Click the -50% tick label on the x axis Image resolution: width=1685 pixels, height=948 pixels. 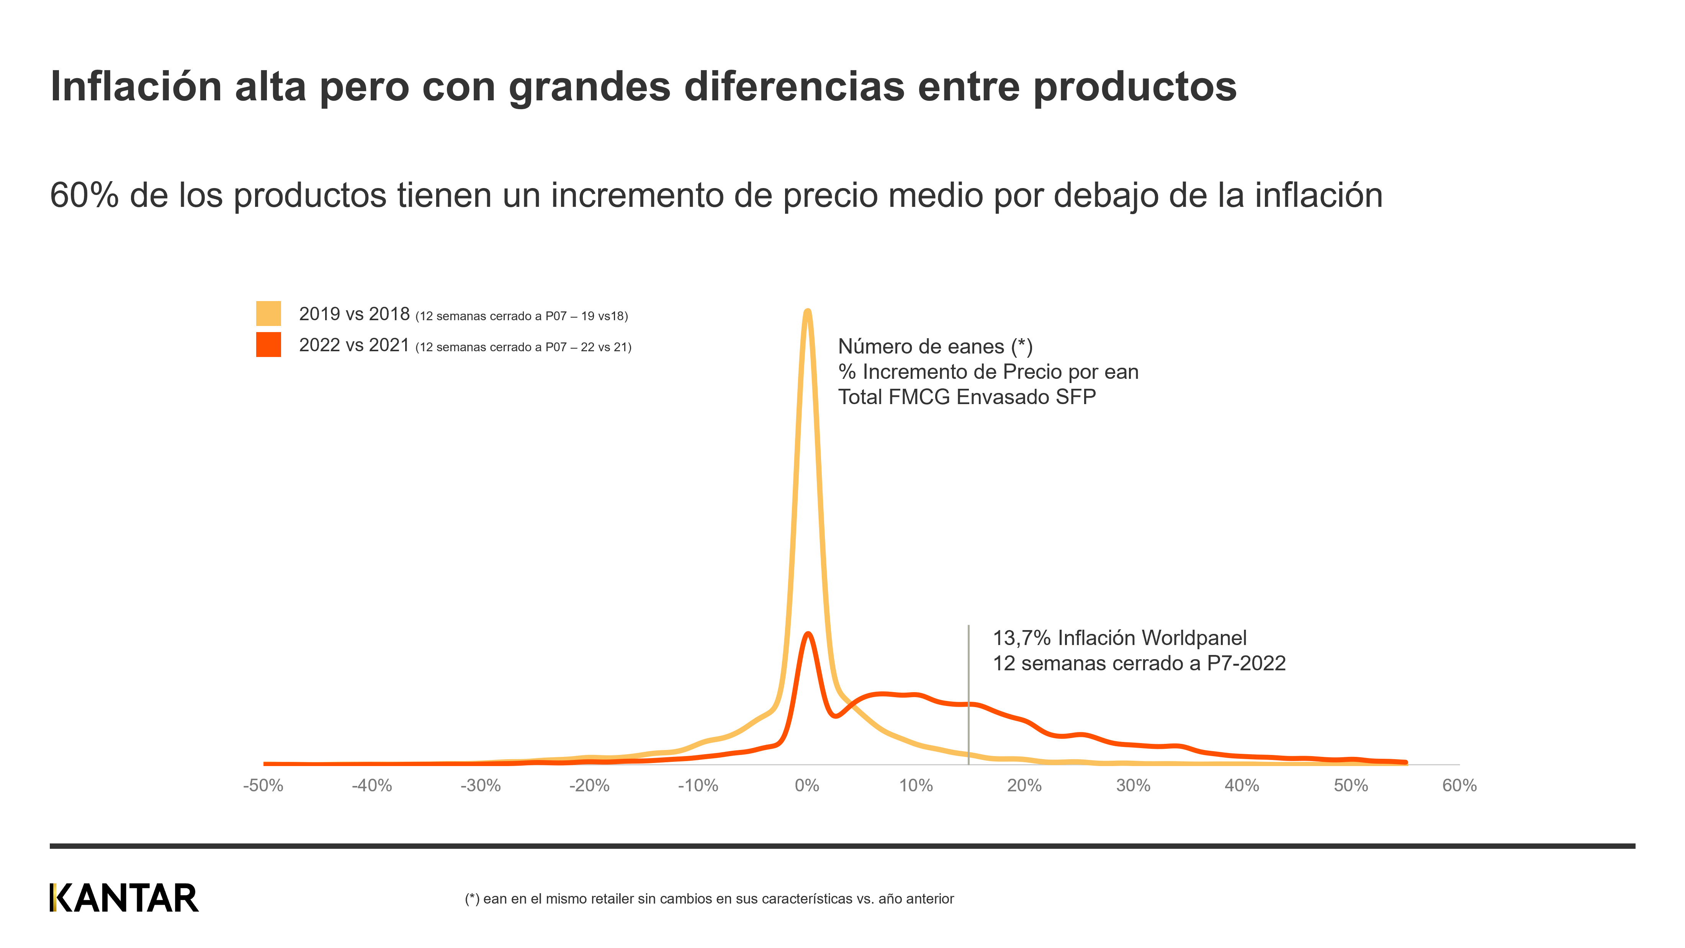(x=263, y=786)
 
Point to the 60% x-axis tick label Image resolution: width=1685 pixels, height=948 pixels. (x=1459, y=786)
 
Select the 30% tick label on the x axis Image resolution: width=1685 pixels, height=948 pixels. (x=1133, y=786)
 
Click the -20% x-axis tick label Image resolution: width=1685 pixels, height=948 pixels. (x=589, y=786)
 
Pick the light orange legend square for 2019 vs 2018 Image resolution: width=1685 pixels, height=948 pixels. (x=268, y=313)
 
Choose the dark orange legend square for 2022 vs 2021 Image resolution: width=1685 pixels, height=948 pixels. (x=268, y=345)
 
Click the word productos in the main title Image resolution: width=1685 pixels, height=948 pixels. (x=1135, y=86)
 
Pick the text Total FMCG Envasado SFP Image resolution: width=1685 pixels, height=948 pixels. (x=967, y=397)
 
